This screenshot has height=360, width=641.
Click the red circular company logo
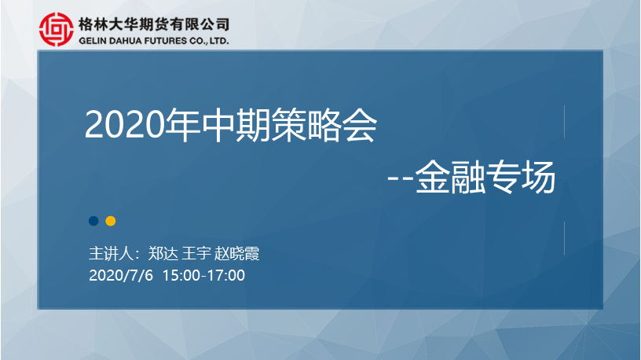pos(57,29)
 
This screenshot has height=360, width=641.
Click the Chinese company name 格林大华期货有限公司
pos(154,24)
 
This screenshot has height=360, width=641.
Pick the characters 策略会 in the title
pos(324,125)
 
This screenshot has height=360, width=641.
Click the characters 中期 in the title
pos(236,125)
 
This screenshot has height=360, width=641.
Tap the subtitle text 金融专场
pos(485,177)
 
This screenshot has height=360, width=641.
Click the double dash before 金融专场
pos(401,178)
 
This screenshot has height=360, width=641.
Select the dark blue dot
pos(93,221)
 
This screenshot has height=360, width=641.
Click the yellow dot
pos(111,221)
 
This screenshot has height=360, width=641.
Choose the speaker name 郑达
pos(163,254)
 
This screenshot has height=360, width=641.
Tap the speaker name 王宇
pos(196,254)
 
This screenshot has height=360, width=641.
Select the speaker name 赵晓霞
pos(236,254)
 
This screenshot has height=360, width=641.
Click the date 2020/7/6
pos(121,275)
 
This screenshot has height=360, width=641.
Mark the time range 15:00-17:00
pos(203,275)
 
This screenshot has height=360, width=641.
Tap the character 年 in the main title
pos(182,125)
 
